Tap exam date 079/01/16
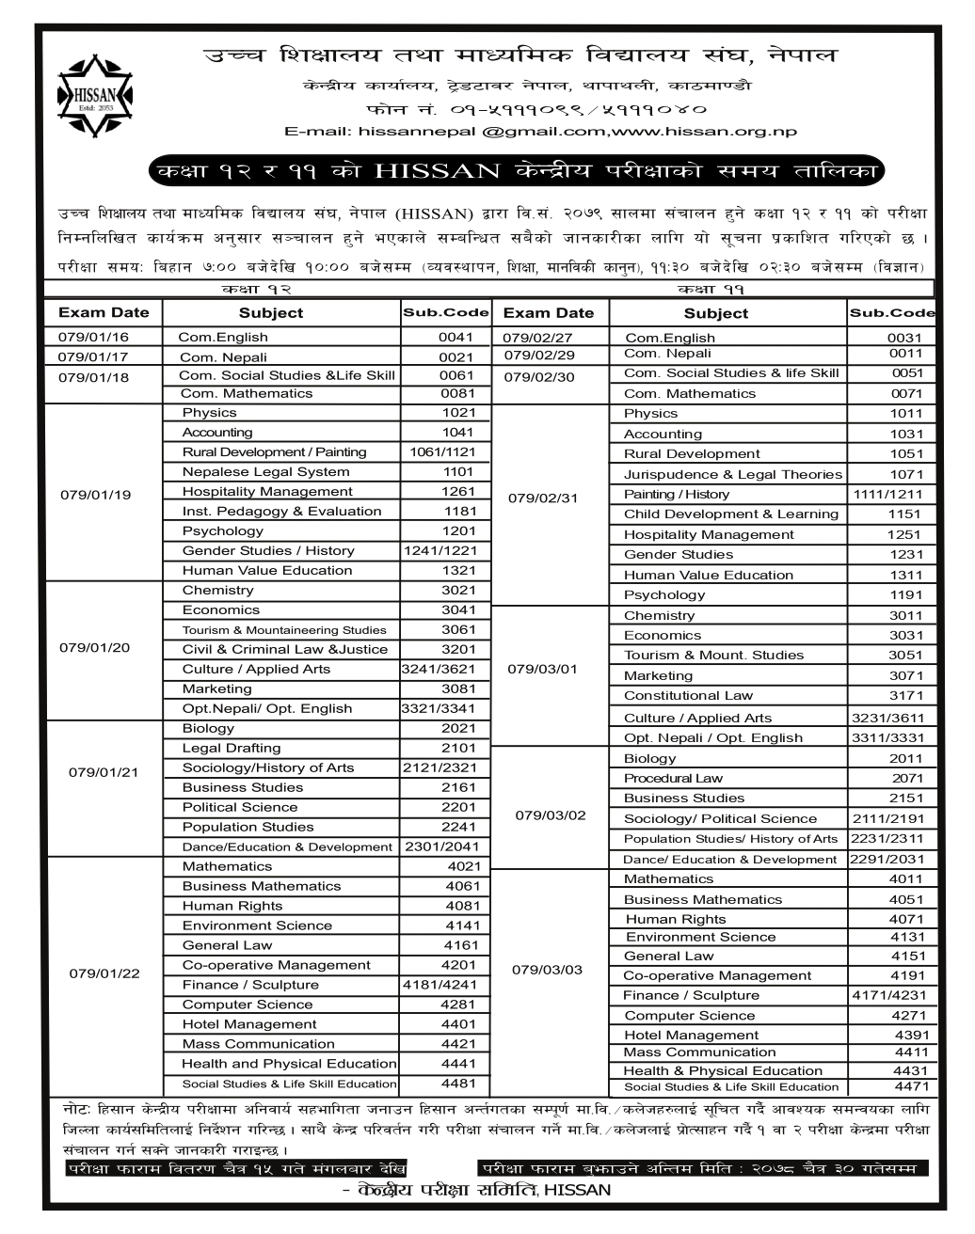(93, 337)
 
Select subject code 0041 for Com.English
(456, 337)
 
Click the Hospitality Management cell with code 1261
(267, 492)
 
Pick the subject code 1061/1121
(442, 452)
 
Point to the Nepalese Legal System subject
(265, 472)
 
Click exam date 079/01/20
(95, 648)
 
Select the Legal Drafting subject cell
(232, 748)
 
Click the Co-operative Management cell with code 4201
(277, 965)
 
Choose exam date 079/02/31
(542, 498)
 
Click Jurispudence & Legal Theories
(733, 475)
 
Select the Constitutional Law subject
(689, 696)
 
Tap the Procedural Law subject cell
(674, 779)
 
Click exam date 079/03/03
(547, 970)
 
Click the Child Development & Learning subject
(731, 514)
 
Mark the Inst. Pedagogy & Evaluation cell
(281, 512)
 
